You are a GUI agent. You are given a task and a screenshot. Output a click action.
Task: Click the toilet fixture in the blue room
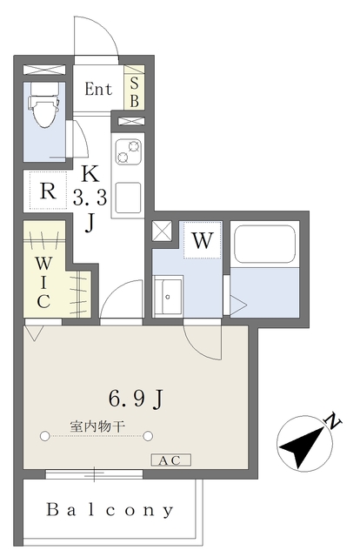coord(44,104)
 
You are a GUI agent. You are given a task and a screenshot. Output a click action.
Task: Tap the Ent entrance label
coord(98,89)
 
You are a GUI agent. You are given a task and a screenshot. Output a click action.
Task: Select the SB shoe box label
coord(134,92)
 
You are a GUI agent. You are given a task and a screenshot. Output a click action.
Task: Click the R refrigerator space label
coord(48,191)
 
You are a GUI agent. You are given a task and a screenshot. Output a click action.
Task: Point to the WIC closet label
coord(43,283)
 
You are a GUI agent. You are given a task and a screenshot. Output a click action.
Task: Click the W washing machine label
coord(203,240)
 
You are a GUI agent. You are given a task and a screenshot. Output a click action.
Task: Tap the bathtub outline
coord(264,244)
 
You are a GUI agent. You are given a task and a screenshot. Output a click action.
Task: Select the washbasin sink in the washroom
coord(168,296)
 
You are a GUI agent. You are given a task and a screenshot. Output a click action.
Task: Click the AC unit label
coord(170,460)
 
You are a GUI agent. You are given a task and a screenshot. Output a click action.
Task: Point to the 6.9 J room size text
coord(136,399)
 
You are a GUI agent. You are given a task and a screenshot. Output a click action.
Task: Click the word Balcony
coord(110,510)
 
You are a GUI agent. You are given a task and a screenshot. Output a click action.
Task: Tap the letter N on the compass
coord(333,421)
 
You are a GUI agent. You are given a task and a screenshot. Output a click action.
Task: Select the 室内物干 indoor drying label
coord(97,426)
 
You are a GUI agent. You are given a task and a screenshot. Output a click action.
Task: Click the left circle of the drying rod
coord(44,436)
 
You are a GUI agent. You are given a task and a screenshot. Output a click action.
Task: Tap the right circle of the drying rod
coord(148,436)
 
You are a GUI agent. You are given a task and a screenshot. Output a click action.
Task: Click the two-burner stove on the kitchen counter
coord(128,151)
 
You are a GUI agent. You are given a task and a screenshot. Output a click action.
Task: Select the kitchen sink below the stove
coord(128,198)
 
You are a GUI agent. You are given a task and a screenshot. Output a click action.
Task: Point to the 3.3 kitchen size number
coord(90,198)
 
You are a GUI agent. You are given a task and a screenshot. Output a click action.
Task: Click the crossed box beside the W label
coord(162,232)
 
